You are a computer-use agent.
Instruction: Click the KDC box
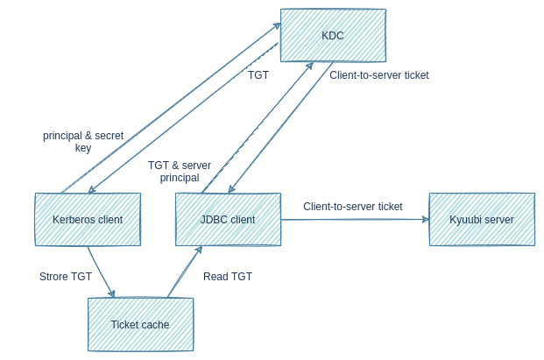333,36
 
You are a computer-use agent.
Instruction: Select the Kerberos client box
88,218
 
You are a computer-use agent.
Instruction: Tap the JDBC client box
228,219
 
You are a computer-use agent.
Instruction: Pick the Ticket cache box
140,323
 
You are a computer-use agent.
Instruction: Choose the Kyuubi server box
481,218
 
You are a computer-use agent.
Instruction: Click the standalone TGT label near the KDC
258,76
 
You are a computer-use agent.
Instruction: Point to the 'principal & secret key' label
83,142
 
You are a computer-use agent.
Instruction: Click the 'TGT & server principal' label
180,171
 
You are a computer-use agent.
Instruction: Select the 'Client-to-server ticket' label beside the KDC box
379,75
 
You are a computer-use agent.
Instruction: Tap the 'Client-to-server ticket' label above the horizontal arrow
353,207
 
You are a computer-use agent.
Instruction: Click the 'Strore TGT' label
66,277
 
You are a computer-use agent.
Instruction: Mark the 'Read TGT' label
228,277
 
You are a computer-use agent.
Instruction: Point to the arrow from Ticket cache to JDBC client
184,272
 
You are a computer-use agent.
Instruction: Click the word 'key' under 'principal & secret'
83,148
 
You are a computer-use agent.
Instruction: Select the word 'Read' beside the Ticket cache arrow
215,277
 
